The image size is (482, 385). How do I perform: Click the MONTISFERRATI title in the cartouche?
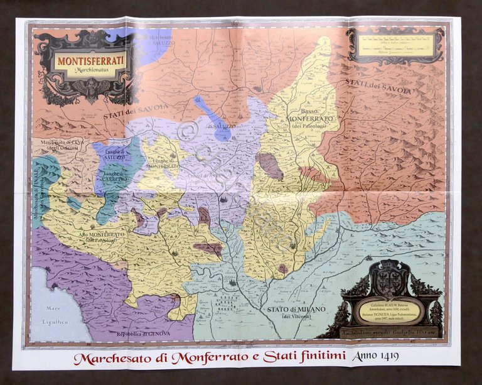90,62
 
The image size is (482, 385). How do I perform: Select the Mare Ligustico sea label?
58,314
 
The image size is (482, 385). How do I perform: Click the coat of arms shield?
390,279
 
